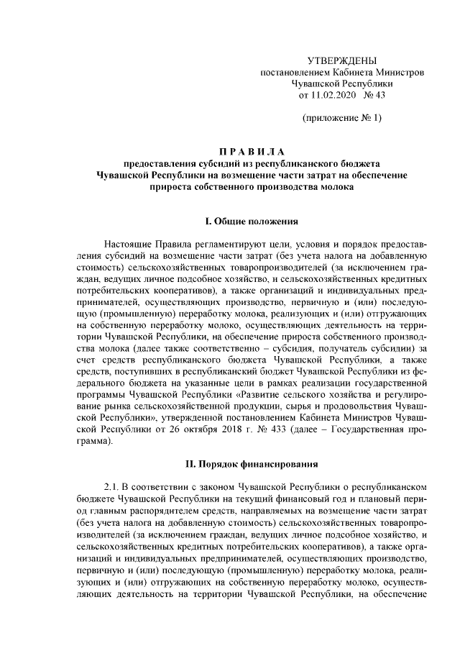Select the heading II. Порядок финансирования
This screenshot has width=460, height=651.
[252, 465]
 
